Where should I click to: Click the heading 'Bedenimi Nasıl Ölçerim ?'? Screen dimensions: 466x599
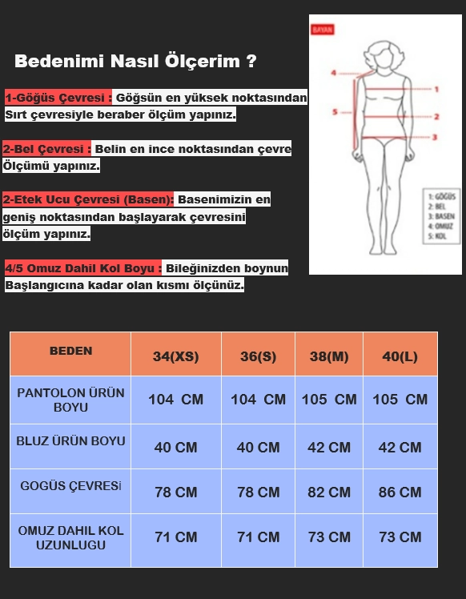135,62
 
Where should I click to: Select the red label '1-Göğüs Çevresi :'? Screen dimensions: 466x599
58,98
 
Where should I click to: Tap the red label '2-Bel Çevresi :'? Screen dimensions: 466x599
48,150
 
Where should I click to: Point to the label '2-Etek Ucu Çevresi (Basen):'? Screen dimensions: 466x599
89,199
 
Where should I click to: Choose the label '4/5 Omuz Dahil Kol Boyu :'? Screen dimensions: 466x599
83,268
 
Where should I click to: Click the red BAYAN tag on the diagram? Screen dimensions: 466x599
323,30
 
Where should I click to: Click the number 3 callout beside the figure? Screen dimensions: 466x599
435,137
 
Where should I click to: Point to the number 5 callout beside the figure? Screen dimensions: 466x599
335,112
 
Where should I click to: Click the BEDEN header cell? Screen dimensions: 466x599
70,351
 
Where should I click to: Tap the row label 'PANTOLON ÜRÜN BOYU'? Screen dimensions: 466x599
70,400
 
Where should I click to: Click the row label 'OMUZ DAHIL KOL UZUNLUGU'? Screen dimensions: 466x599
70,537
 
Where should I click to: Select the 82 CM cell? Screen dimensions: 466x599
329,492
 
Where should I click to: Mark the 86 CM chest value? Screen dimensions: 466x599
400,492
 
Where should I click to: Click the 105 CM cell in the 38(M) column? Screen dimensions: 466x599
329,400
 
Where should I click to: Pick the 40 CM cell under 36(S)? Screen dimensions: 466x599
258,448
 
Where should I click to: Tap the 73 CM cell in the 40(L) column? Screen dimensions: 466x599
400,537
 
